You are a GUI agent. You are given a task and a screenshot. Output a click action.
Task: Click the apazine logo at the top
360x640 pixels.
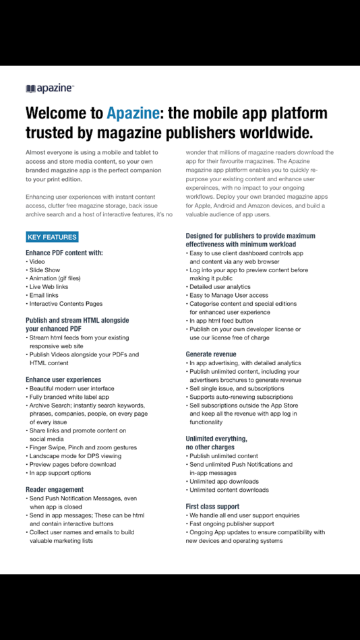tap(50, 88)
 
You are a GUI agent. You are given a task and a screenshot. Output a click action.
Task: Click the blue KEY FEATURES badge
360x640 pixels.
tap(52, 237)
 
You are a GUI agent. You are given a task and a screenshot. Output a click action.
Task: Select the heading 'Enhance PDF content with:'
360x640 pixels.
tap(64, 253)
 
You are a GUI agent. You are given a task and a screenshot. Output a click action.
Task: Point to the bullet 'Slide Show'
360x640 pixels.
tap(44, 269)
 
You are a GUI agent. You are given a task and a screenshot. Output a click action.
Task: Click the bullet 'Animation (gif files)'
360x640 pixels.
tap(55, 278)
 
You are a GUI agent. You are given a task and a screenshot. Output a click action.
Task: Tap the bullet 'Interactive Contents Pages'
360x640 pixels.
tap(65, 304)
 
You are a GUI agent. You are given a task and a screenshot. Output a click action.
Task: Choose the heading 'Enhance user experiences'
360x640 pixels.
tap(63, 380)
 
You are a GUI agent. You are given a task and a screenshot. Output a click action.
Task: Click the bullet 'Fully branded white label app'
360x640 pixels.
tap(69, 397)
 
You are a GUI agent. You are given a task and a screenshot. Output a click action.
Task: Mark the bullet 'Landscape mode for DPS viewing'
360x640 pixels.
tap(75, 455)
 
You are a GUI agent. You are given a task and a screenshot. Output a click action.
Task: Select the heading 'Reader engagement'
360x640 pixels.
tap(55, 489)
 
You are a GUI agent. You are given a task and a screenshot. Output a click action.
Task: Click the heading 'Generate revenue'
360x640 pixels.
tap(211, 354)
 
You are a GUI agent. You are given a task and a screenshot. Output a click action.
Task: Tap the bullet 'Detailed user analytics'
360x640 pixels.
tap(220, 287)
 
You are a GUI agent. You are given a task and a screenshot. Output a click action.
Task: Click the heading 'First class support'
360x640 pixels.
tap(212, 506)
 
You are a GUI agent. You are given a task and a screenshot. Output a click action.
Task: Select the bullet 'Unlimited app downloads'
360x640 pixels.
tap(224, 481)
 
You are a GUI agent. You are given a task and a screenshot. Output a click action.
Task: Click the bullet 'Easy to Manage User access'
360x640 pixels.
tap(229, 295)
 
